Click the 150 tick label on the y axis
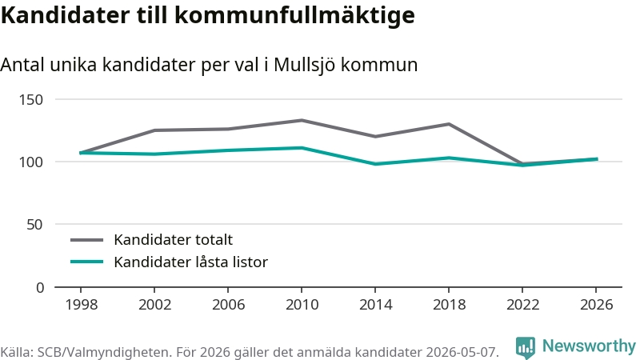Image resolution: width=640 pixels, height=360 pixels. [x=31, y=99]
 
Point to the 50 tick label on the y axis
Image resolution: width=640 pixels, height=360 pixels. [x=34, y=225]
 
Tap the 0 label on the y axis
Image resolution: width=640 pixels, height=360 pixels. [x=39, y=288]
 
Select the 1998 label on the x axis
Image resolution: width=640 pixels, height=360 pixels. [x=82, y=305]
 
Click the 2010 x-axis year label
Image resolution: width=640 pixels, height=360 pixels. [x=302, y=305]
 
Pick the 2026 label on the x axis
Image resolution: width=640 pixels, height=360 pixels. [x=596, y=305]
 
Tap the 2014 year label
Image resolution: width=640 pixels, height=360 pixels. [x=375, y=305]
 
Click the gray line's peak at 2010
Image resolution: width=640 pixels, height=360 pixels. [x=302, y=121]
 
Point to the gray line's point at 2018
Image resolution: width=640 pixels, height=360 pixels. [x=449, y=124]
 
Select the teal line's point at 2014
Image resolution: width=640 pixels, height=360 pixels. [x=375, y=164]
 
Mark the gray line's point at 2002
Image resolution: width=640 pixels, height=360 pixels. [x=154, y=130]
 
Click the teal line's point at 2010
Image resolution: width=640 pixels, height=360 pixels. [x=302, y=148]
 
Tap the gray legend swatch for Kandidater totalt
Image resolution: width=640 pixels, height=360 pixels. [x=87, y=240]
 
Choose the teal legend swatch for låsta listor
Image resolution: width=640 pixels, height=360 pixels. [x=87, y=262]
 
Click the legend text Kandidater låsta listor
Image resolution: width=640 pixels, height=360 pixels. [x=190, y=262]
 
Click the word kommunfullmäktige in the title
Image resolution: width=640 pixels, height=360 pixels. [x=294, y=15]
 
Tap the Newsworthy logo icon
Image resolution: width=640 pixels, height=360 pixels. [x=526, y=348]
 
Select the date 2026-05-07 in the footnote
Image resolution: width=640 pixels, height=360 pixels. [x=462, y=352]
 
